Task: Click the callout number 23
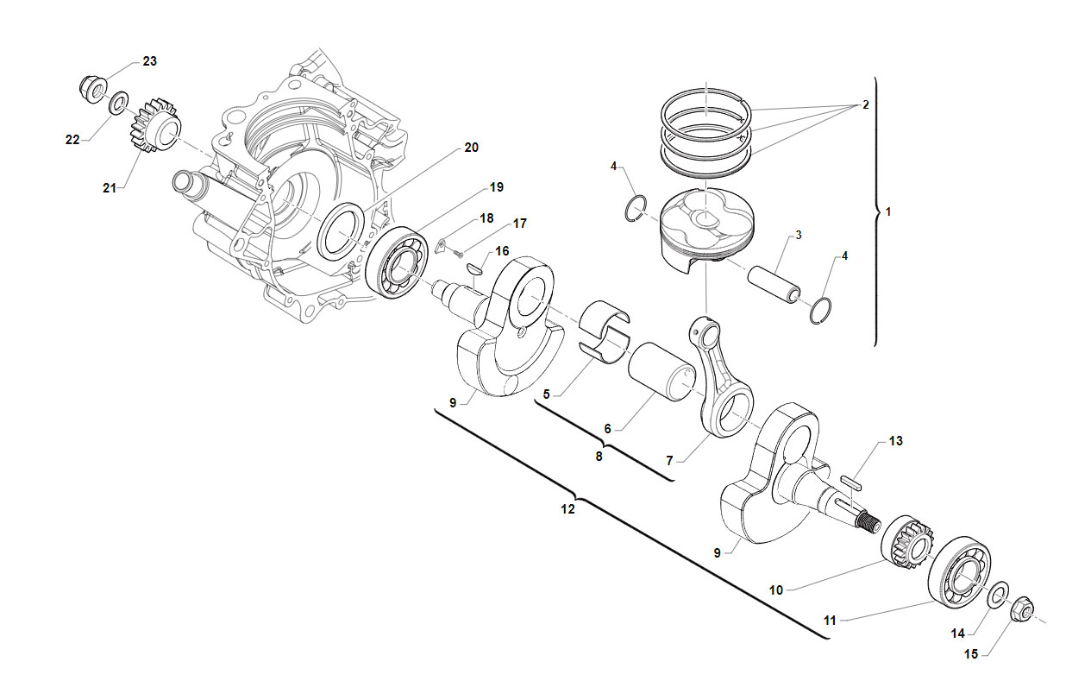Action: click(149, 61)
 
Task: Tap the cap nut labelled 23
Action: click(92, 90)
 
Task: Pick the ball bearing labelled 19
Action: click(396, 262)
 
